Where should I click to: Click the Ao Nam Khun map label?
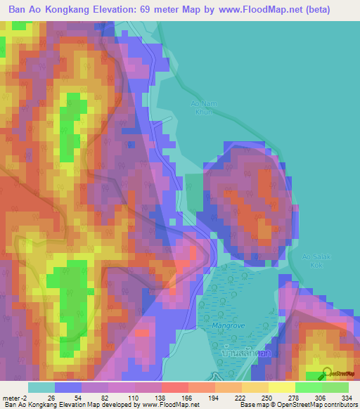201,108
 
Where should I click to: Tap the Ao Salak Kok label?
315,261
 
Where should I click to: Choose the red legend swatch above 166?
174,387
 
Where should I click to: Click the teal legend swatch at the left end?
41,387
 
